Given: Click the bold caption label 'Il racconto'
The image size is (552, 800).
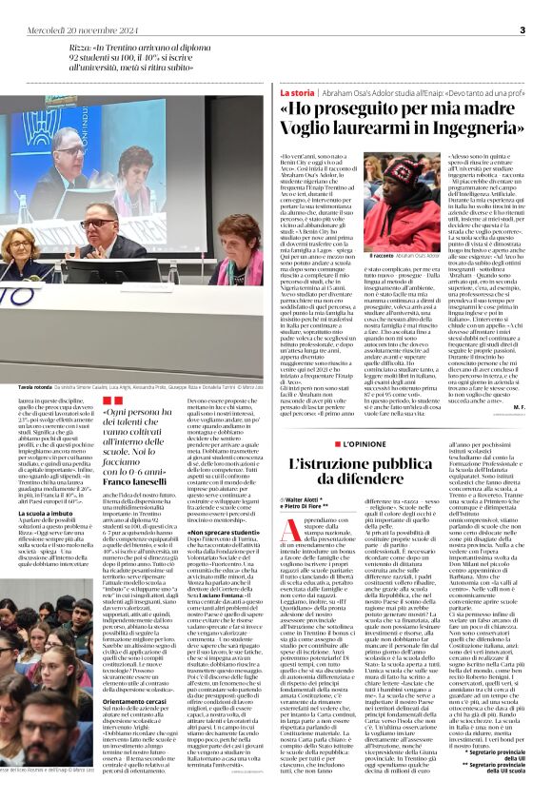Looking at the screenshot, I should tap(379, 255).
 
